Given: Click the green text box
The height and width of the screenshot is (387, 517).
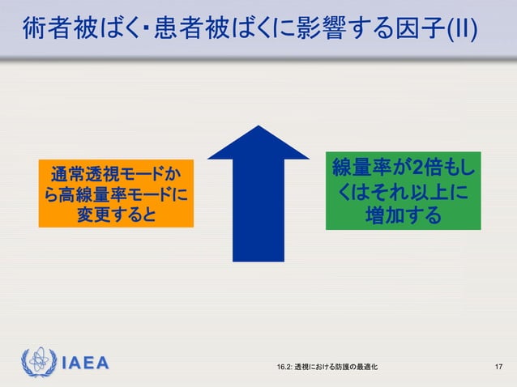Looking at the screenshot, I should [403, 190].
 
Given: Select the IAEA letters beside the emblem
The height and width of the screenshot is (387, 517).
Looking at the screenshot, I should [85, 363].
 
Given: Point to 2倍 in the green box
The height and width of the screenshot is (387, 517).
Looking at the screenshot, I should [423, 168].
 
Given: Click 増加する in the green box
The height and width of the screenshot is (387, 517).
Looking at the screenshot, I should [403, 215].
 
